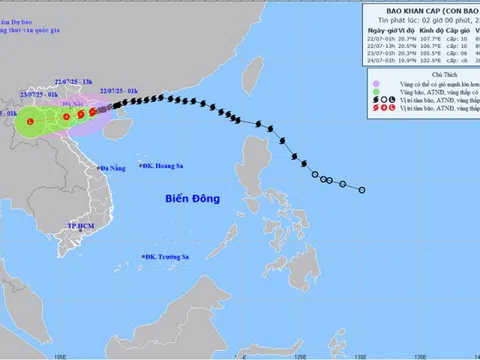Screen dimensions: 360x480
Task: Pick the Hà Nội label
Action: click(70, 104)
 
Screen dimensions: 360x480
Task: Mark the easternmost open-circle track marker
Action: click(362, 190)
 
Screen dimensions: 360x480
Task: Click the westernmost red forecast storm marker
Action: click(31, 121)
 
